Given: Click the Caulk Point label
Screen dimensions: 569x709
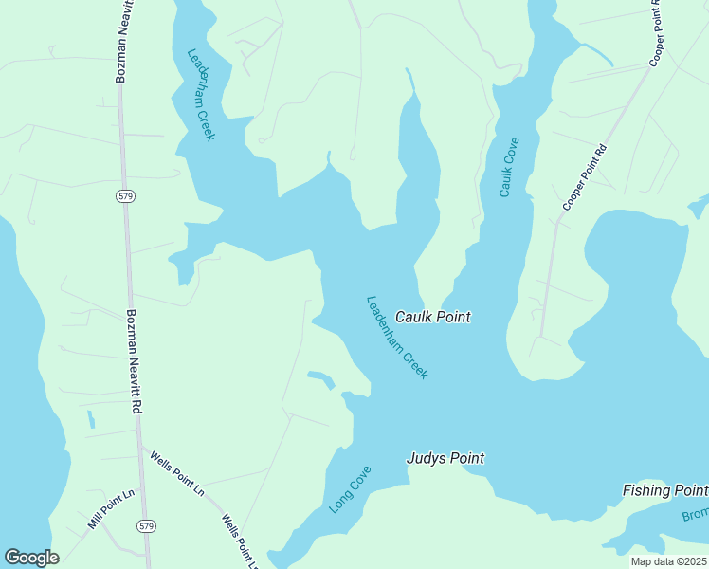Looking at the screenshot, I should point(432,317).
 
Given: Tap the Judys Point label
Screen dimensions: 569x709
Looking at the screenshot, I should point(445,459).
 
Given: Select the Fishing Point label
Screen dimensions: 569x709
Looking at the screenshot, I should point(664,490).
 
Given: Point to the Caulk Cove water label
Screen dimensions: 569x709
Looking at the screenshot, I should point(509,168).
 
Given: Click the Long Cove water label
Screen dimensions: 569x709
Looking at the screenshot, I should point(350,490).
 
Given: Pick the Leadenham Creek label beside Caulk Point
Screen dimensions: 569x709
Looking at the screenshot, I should point(397,338).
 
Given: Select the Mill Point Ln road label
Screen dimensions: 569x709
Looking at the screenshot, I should point(112,509).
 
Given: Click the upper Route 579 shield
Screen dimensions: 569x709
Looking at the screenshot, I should point(126,195).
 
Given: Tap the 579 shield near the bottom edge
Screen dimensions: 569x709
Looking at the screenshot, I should point(146,525).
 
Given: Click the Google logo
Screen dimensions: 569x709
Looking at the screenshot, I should point(31,558).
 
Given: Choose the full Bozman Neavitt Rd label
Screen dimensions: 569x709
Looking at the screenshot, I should point(134,361).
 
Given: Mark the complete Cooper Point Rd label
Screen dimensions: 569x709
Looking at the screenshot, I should point(584,177).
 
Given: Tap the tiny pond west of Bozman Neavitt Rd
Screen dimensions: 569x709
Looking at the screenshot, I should point(91,418).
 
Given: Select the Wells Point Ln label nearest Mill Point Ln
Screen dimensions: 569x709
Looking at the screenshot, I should point(177,473).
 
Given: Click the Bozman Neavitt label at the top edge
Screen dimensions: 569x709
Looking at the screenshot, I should point(121,42).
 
